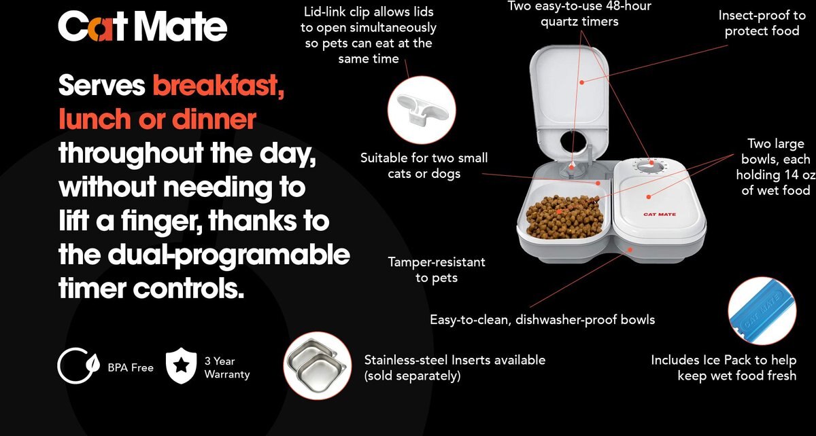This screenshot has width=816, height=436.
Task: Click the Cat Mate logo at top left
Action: tap(142, 26)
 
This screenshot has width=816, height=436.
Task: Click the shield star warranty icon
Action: tap(181, 367)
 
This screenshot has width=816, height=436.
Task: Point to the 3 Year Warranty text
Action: tap(226, 367)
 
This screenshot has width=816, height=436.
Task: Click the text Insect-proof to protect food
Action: tap(762, 23)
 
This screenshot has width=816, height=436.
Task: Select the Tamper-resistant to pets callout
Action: tap(437, 269)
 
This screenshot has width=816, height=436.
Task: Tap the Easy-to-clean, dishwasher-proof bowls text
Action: tap(542, 319)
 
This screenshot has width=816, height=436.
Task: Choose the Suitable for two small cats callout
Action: tap(424, 166)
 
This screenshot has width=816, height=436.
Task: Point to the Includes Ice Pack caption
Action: tap(723, 367)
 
